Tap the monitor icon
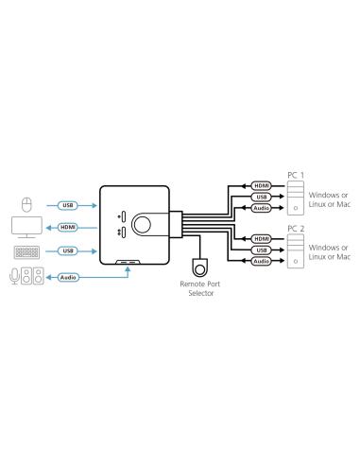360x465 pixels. tap(26, 227)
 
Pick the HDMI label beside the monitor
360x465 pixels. tap(68, 228)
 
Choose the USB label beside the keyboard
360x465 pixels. tap(68, 250)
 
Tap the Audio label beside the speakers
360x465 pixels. tap(68, 277)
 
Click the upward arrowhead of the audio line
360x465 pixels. tap(128, 268)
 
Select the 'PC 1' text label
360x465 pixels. tap(296, 175)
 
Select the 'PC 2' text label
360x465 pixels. tap(296, 228)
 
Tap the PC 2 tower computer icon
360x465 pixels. tap(296, 250)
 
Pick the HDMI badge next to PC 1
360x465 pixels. tap(262, 185)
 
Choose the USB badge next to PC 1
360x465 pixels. tap(262, 197)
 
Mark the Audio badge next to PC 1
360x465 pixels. tap(262, 208)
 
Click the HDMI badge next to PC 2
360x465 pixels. tap(262, 239)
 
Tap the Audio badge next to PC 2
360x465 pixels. tap(262, 262)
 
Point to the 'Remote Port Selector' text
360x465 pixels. tap(199, 288)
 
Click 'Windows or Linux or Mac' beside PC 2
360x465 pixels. tap(330, 251)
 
